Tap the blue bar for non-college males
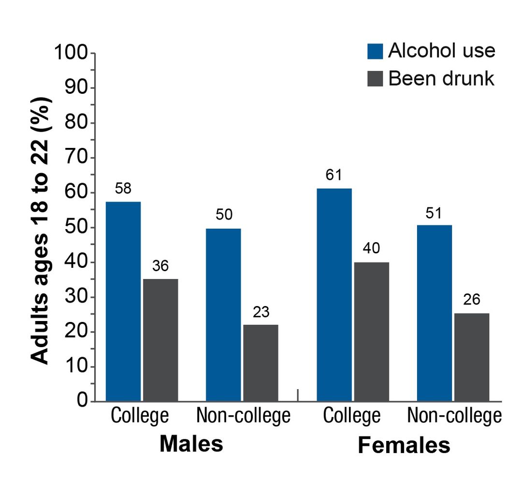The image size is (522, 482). [223, 315]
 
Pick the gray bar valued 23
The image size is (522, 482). [261, 363]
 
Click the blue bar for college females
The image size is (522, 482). [334, 294]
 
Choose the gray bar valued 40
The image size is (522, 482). [371, 332]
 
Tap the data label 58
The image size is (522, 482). [124, 189]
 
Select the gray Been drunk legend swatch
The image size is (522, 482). [375, 78]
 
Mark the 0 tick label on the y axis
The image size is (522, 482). [83, 401]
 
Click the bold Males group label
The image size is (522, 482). [191, 443]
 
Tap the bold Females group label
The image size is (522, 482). [404, 445]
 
